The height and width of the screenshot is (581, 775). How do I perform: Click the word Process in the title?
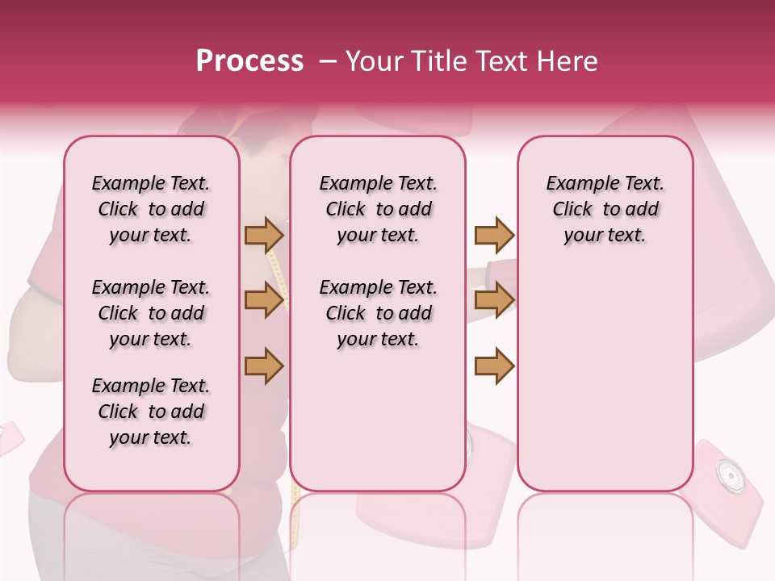pyautogui.click(x=249, y=61)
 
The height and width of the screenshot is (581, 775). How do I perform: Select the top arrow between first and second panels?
pyautogui.click(x=264, y=236)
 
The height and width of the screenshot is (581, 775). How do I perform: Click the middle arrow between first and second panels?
pyautogui.click(x=264, y=301)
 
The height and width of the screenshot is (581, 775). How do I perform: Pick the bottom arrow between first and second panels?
pyautogui.click(x=264, y=366)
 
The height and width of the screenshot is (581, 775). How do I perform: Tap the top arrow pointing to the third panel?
pyautogui.click(x=494, y=236)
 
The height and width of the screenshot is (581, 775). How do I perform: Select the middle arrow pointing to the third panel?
pyautogui.click(x=494, y=301)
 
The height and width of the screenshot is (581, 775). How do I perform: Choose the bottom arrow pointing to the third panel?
pyautogui.click(x=494, y=366)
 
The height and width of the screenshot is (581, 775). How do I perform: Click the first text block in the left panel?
pyautogui.click(x=151, y=209)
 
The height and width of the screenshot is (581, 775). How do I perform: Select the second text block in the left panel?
pyautogui.click(x=151, y=313)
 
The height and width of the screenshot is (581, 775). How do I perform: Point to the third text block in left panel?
pyautogui.click(x=151, y=412)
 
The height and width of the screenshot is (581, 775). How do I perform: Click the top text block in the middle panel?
pyautogui.click(x=378, y=209)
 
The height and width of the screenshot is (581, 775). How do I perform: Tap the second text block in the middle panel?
pyautogui.click(x=378, y=313)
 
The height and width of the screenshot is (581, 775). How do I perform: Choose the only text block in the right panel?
pyautogui.click(x=605, y=209)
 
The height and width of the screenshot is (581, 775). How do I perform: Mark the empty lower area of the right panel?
pyautogui.click(x=605, y=379)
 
